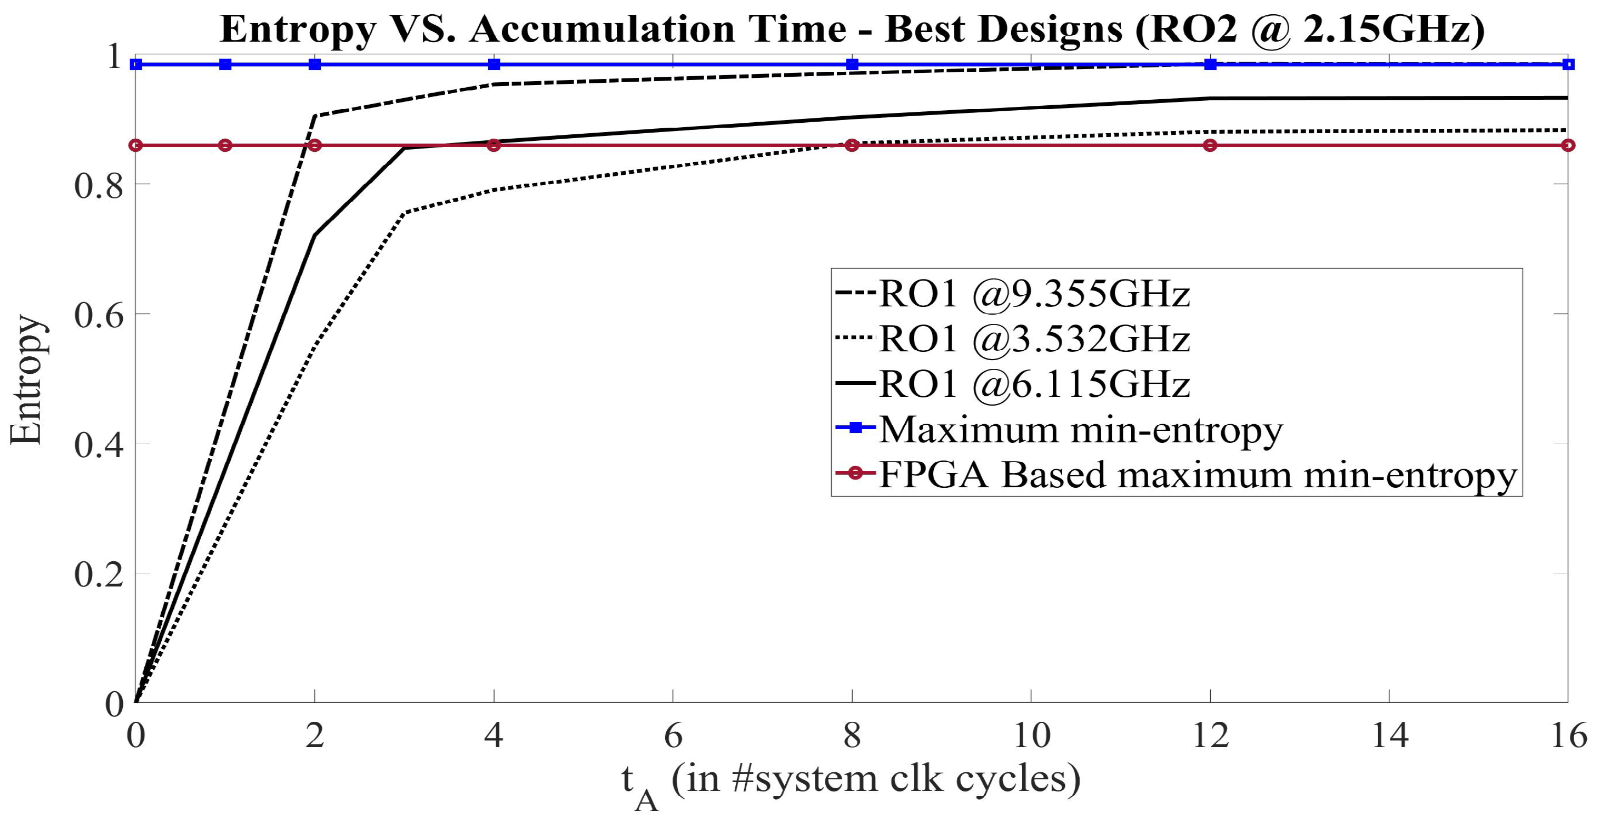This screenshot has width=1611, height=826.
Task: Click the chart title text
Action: [x=852, y=29]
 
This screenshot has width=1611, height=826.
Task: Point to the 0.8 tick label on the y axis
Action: [x=99, y=186]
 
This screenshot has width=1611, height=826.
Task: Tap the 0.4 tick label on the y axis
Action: [x=99, y=445]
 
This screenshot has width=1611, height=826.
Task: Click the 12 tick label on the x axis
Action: [x=1210, y=736]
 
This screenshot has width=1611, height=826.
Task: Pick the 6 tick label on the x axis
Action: [x=673, y=736]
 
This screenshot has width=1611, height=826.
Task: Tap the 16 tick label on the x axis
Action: [x=1568, y=736]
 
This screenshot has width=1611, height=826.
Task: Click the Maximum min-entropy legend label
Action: [x=1081, y=429]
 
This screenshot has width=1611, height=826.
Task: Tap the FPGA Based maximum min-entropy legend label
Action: [x=1198, y=475]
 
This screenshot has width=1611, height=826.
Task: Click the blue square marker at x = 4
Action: [x=494, y=65]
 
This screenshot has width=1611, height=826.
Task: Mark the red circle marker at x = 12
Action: [x=1210, y=145]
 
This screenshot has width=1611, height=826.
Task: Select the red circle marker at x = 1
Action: [x=226, y=145]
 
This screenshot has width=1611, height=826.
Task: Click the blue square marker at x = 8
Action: [x=852, y=65]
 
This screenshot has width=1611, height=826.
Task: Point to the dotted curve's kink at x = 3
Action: [x=405, y=213]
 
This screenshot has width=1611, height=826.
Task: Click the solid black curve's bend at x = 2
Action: [x=315, y=235]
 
